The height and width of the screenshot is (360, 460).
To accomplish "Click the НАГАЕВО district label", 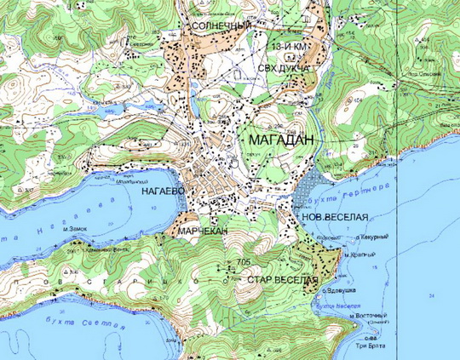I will coord(159,193).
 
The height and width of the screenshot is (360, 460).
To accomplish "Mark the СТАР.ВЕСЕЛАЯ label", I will coord(282,280).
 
